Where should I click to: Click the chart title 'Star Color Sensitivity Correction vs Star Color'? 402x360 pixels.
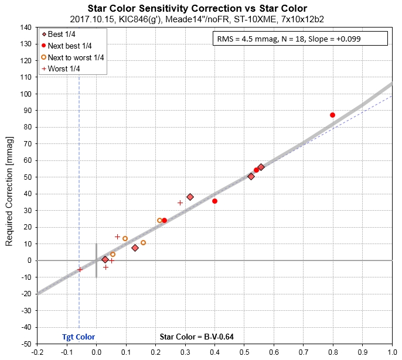200,9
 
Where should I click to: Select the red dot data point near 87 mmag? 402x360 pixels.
332,115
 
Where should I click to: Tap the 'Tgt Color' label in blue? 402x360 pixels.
79,337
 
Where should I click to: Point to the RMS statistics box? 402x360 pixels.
299,39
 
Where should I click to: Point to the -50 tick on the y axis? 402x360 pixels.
25,344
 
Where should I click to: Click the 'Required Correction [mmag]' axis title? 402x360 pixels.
9,185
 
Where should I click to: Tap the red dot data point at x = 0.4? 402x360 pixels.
214,201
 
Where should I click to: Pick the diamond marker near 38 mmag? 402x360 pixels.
190,197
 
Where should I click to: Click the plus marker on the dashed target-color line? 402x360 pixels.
80,269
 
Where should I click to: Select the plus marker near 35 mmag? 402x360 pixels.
180,203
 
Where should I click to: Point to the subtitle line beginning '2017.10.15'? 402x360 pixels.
200,19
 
